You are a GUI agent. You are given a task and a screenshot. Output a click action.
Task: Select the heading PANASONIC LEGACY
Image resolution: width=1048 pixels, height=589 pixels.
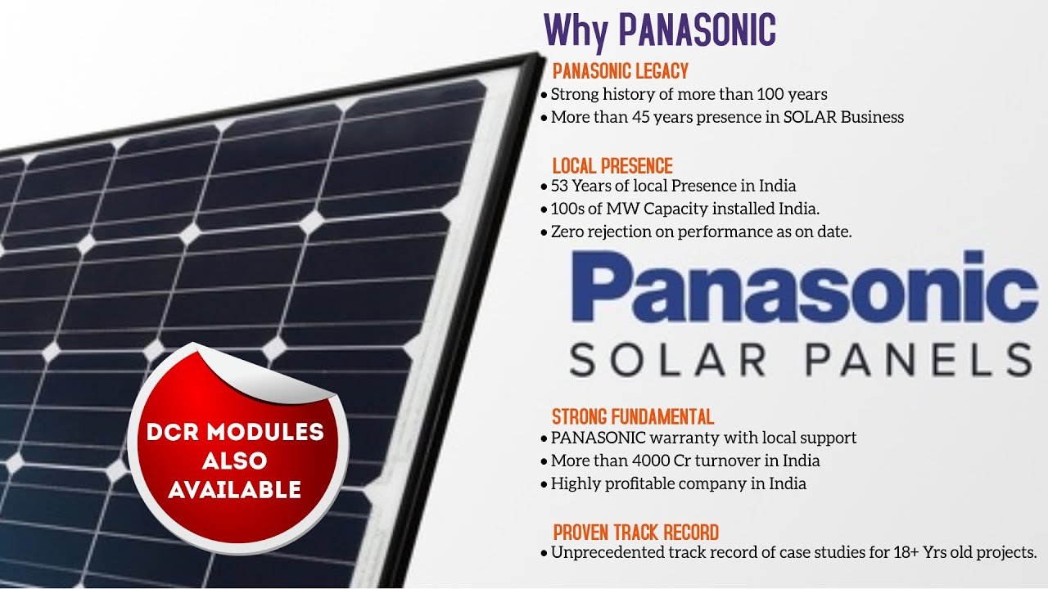[x=621, y=71]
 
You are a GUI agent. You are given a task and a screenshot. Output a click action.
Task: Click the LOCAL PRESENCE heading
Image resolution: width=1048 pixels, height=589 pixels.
[x=612, y=166]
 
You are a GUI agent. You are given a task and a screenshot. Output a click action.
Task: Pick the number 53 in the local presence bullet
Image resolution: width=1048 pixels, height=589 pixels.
[x=559, y=186]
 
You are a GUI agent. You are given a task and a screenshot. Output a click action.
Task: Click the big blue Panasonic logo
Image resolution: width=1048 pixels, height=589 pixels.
[x=804, y=286]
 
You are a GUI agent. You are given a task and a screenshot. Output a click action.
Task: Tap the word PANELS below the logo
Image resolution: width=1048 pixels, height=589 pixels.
[x=919, y=359]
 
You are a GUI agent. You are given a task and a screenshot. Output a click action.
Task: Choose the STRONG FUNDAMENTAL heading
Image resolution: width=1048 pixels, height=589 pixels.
[x=633, y=416]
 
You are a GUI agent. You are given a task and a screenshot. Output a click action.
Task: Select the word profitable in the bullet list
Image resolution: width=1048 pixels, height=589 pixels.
[x=638, y=483]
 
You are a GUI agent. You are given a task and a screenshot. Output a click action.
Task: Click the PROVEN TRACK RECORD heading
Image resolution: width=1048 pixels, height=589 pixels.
[x=636, y=533]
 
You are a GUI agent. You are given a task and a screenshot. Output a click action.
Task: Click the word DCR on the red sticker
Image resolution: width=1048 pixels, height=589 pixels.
[x=173, y=432]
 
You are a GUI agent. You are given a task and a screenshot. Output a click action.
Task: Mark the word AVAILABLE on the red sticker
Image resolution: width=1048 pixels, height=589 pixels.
[x=235, y=490]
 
